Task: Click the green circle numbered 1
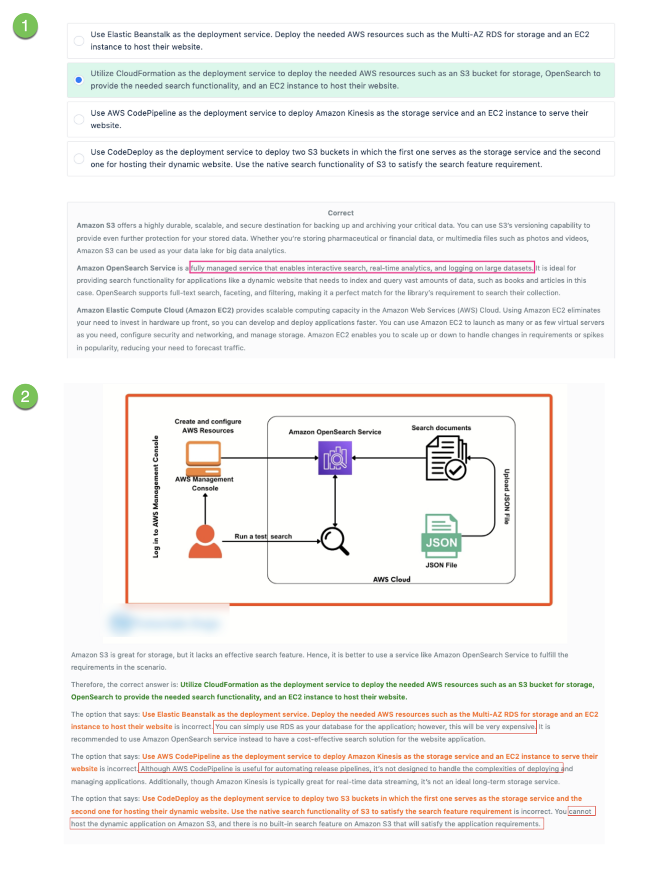(x=25, y=25)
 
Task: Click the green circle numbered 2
(x=25, y=395)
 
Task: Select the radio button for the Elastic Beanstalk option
(x=79, y=41)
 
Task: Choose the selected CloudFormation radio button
(x=79, y=80)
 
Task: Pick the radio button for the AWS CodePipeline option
(x=79, y=119)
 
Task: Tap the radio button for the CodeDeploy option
(x=79, y=158)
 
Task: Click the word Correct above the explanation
(x=341, y=213)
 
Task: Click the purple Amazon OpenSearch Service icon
(x=335, y=458)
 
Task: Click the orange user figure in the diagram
(x=205, y=541)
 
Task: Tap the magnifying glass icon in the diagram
(x=335, y=541)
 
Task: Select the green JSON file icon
(x=441, y=536)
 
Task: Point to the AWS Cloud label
(x=391, y=579)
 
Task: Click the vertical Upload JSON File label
(x=507, y=497)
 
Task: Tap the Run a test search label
(x=263, y=536)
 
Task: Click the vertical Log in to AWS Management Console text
(x=156, y=496)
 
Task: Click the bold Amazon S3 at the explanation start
(x=96, y=226)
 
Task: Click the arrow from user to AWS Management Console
(x=205, y=509)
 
